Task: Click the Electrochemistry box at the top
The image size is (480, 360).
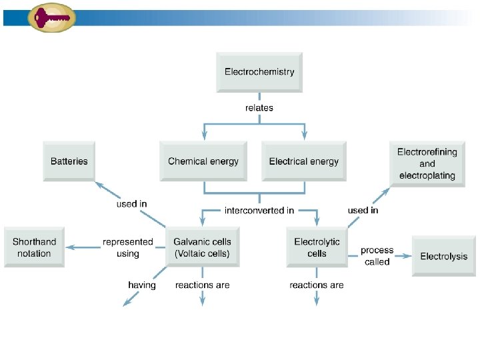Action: (x=259, y=72)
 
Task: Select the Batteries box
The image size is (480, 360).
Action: (x=69, y=161)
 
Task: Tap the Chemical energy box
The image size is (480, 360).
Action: (x=203, y=161)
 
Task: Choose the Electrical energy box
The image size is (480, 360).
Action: (x=304, y=161)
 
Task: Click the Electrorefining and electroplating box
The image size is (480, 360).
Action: (x=427, y=164)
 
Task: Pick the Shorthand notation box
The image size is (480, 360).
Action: (x=35, y=247)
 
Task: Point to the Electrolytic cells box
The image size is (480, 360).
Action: (x=317, y=247)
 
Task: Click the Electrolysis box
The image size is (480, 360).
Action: (x=444, y=256)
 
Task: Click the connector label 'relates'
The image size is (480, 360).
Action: (x=259, y=107)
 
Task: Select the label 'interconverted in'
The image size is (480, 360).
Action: (x=259, y=211)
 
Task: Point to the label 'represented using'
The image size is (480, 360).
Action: (x=128, y=247)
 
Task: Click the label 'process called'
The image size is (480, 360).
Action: (x=377, y=256)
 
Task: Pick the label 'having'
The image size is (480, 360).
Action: (x=142, y=285)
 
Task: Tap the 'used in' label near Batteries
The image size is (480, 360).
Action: (x=131, y=204)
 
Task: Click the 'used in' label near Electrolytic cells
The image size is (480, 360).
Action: (x=363, y=210)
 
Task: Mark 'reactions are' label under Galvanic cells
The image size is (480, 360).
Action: (x=203, y=285)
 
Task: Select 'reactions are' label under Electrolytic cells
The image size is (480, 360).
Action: (x=317, y=285)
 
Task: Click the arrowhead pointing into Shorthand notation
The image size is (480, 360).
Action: (x=69, y=247)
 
